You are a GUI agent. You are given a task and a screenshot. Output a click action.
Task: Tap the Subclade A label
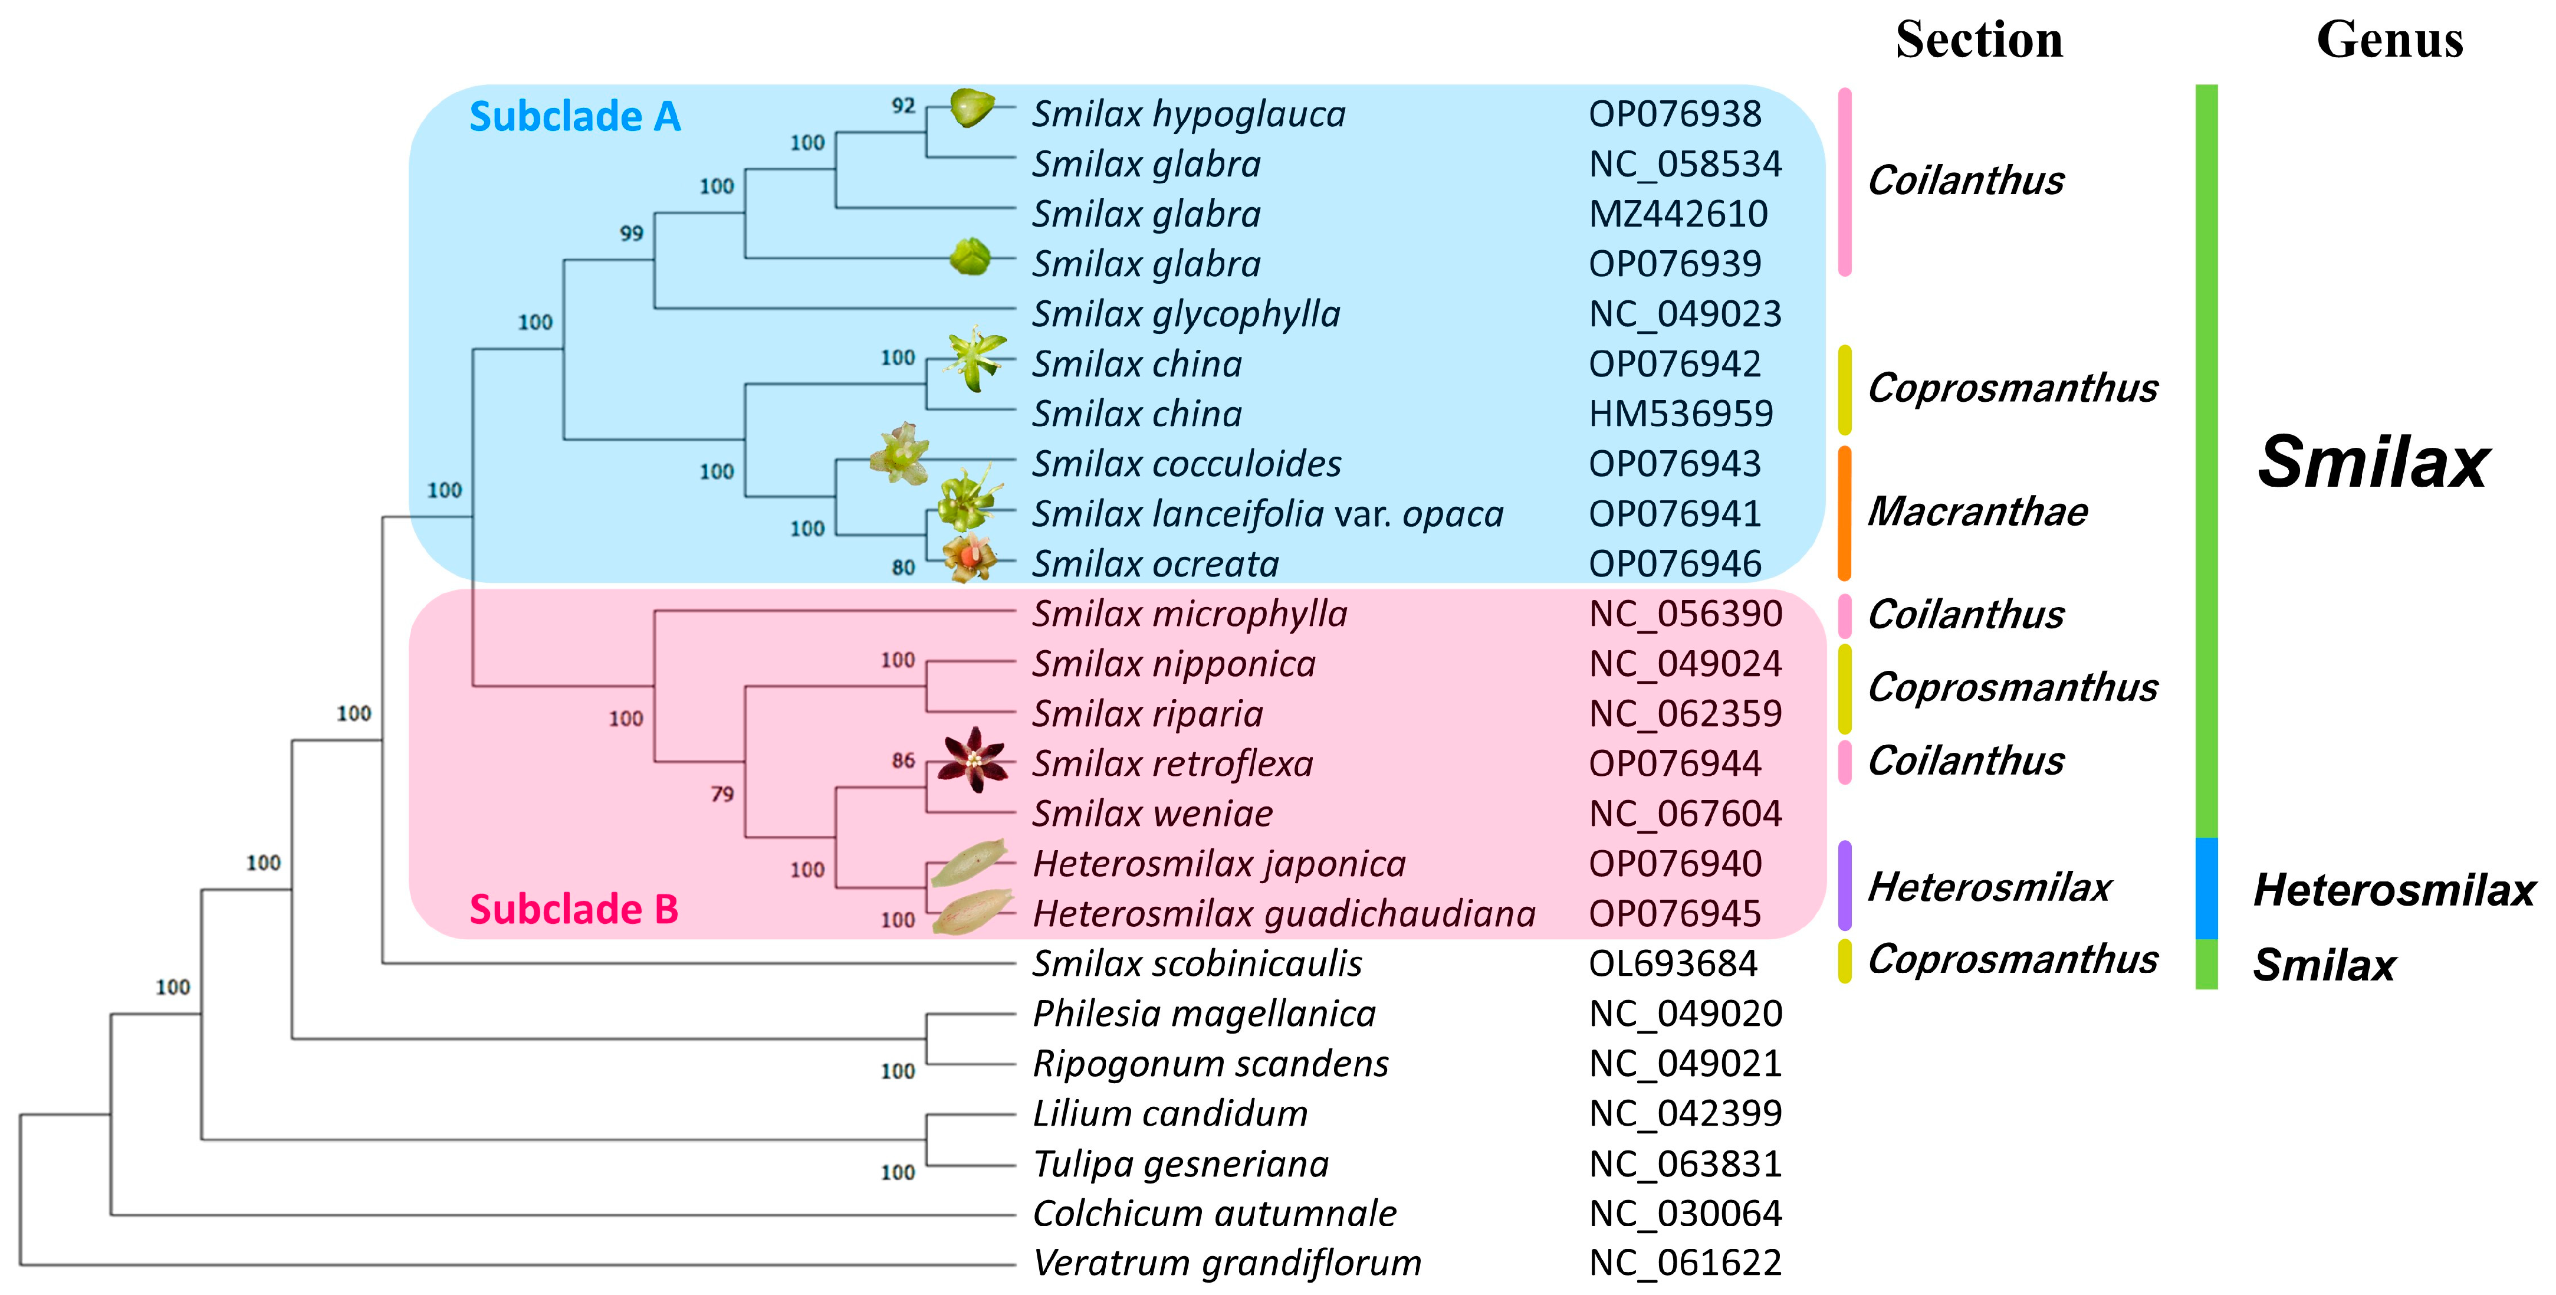coord(574,117)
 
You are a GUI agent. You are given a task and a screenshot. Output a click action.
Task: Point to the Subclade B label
coord(573,909)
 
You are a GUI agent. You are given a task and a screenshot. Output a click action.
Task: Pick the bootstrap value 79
coord(722,794)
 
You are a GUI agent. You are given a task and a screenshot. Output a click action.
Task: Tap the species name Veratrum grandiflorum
coord(1227,1263)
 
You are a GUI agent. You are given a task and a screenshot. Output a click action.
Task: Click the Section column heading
coord(1979,41)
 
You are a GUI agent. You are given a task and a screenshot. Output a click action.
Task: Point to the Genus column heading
coord(2389,41)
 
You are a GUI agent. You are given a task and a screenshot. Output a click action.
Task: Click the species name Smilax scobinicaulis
coord(1197,963)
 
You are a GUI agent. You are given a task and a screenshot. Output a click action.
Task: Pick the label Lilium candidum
coord(1170,1113)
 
